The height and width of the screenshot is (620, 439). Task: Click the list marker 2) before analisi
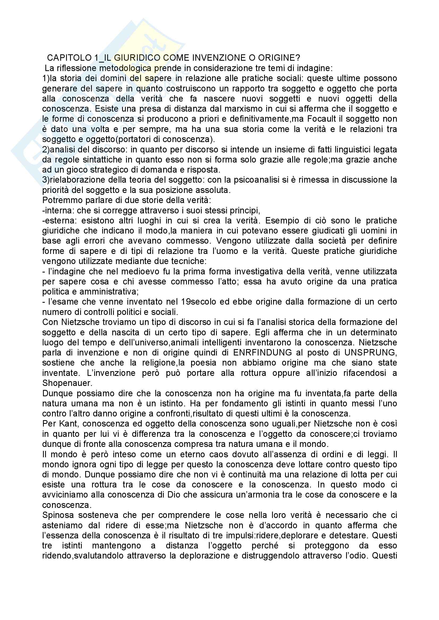(x=46, y=149)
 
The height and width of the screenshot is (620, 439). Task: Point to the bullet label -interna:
(x=58, y=210)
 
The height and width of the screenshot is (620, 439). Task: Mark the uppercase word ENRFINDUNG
(x=262, y=353)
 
